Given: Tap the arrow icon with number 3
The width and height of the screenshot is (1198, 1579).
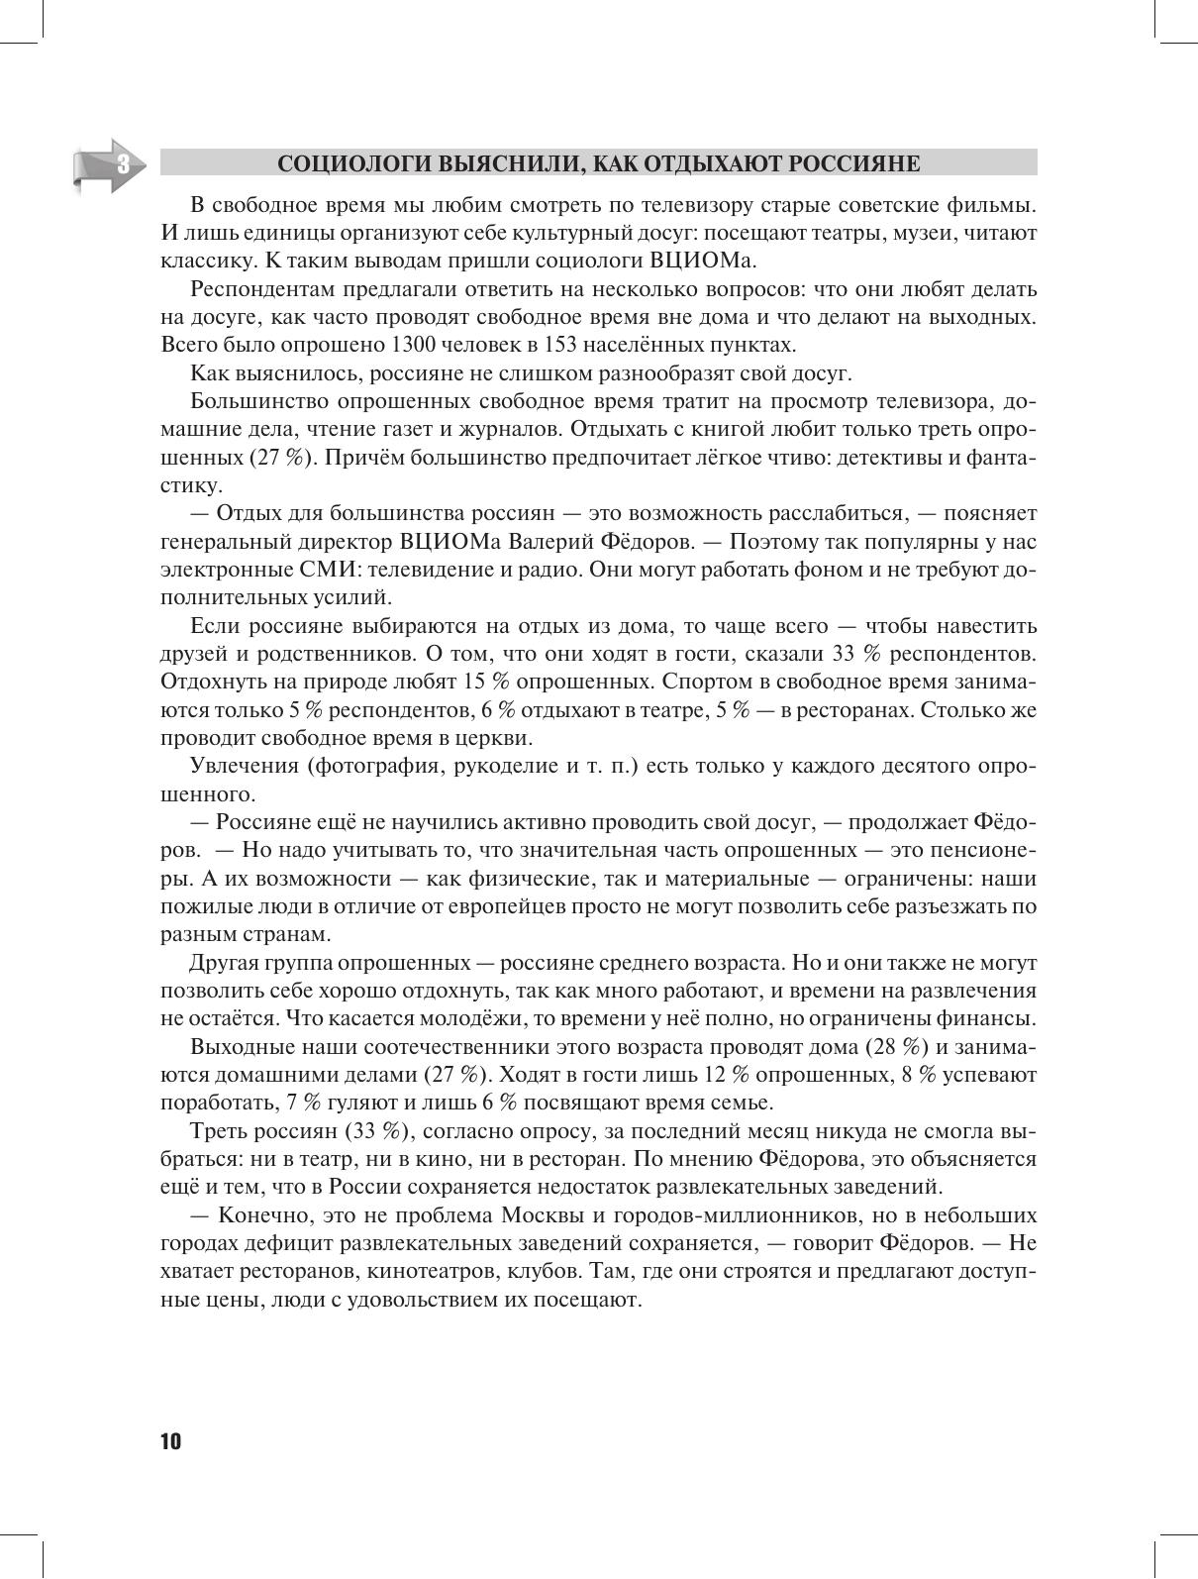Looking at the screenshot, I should (x=109, y=164).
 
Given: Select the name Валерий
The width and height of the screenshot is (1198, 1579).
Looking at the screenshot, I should (x=565, y=542).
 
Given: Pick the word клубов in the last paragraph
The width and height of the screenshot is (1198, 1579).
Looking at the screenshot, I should (x=548, y=1271).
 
